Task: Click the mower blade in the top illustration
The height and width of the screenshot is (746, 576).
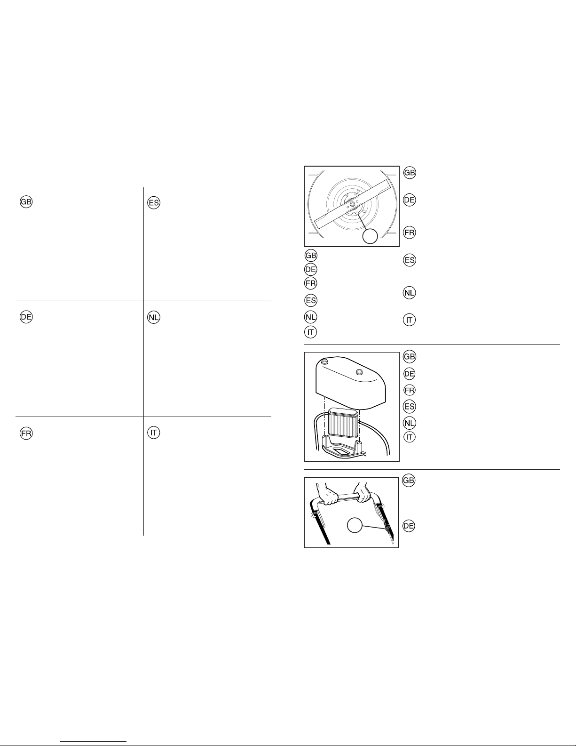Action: pos(353,204)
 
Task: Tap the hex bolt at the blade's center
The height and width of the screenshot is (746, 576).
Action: pos(353,204)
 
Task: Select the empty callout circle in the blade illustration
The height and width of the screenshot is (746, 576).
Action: pos(370,236)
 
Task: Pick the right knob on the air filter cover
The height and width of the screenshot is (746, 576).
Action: pos(359,371)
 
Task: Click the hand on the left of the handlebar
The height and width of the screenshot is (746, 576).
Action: pos(327,494)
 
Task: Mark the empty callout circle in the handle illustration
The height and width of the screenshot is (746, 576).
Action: pos(355,525)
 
